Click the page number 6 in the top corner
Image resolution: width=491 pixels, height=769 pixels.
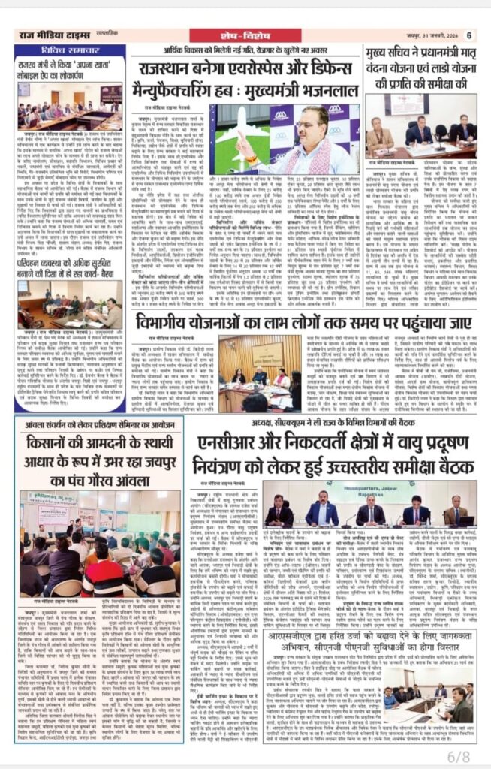click(x=469, y=35)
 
